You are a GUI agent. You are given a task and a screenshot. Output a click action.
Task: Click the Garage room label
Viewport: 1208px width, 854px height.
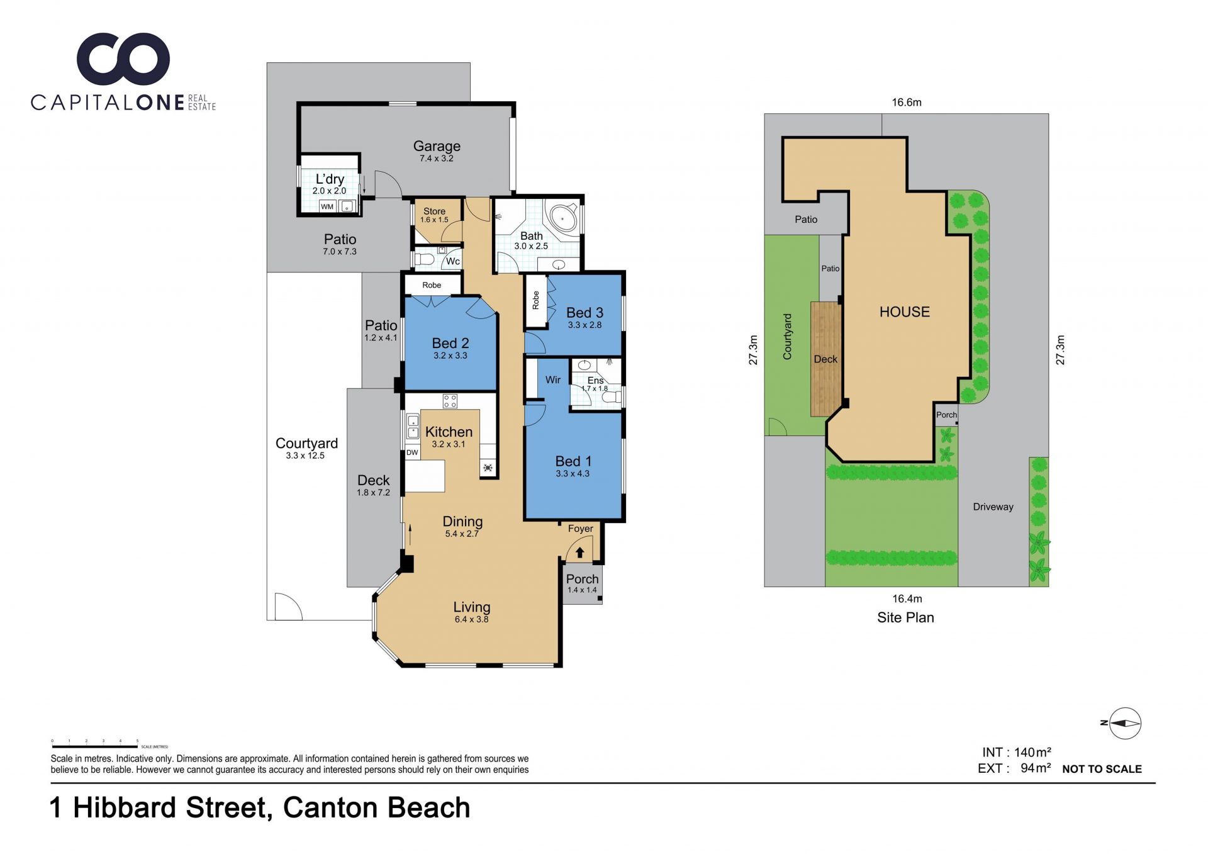[437, 146]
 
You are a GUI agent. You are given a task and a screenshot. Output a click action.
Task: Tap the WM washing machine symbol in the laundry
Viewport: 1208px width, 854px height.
[327, 206]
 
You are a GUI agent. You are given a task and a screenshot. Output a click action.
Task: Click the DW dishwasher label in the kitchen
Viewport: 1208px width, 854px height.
[412, 452]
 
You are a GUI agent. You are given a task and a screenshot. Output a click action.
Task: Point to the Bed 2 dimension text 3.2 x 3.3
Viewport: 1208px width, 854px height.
[450, 356]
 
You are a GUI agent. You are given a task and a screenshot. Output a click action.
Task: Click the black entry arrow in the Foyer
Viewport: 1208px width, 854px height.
[580, 553]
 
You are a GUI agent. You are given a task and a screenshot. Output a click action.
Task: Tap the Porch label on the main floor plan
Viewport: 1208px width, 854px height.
[582, 579]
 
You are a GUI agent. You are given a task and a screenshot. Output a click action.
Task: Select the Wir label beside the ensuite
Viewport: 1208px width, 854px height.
[553, 379]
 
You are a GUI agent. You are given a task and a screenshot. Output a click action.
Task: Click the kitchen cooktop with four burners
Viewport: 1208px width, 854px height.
[450, 401]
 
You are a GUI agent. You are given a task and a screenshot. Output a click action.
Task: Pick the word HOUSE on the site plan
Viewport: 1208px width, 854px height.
[904, 312]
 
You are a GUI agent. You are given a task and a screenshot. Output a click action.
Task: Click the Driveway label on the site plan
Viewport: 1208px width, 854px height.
[993, 507]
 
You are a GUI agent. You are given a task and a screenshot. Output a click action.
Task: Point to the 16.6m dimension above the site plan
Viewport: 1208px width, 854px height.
[906, 102]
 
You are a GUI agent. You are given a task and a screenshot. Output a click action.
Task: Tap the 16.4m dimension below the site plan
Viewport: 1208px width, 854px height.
[907, 598]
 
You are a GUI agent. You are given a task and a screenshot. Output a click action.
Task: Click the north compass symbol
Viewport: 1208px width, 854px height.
[1124, 723]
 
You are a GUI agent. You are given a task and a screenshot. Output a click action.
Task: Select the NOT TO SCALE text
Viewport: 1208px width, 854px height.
[1102, 769]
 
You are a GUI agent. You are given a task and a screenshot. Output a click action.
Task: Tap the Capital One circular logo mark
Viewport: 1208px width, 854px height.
[123, 59]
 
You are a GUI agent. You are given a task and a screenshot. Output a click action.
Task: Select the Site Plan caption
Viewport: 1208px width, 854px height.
[905, 617]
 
